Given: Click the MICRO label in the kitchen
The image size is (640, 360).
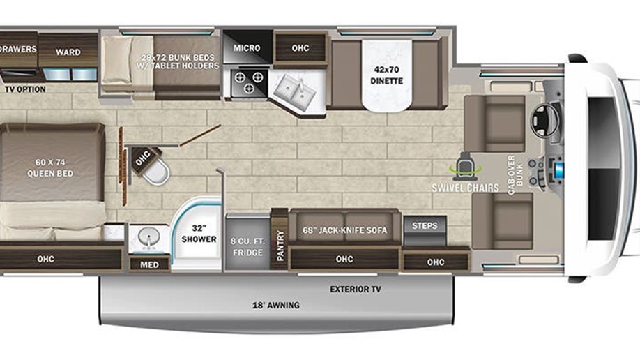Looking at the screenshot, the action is (247, 48).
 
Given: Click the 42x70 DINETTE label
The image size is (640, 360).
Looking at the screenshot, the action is (386, 75).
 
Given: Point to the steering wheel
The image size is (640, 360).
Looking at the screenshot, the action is (544, 120).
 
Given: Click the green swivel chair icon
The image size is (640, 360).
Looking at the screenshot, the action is (465, 167).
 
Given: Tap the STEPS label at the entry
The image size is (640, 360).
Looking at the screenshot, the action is (425, 225).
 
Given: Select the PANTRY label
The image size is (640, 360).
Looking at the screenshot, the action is (280, 245).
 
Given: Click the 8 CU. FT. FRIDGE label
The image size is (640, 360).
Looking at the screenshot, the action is (247, 247).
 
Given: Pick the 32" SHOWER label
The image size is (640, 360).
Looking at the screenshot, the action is (199, 234).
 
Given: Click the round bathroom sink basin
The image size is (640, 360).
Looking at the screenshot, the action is (148, 237).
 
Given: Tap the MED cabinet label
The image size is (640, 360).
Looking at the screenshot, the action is (149, 265).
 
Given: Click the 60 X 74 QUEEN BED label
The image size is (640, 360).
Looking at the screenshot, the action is (50, 168).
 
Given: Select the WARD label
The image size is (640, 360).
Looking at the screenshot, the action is (68, 52).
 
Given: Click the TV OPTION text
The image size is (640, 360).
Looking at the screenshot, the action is (25, 89).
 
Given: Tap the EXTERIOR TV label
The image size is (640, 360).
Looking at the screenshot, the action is (356, 290).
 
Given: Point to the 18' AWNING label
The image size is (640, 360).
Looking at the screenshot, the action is (276, 306).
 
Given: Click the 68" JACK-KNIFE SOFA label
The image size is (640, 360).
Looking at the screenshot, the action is (345, 230).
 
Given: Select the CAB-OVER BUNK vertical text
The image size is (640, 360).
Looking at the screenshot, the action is (515, 175).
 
